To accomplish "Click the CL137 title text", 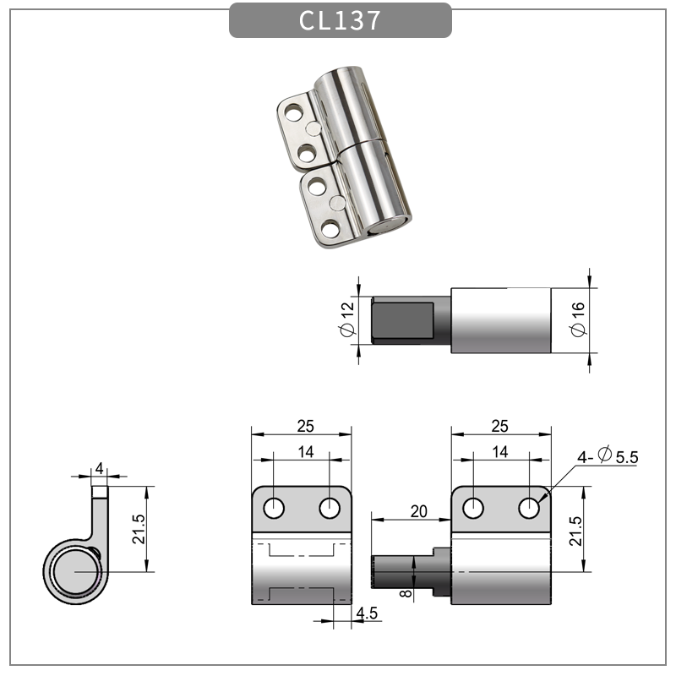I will pos(340,20).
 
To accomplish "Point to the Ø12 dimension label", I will pos(346,320).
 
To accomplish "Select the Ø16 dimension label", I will pos(578,320).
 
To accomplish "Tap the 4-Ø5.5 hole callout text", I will pos(608,457).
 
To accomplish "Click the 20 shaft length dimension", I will pos(417,510).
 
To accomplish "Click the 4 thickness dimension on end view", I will pos(100,467).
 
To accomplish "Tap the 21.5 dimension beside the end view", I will pos(139,529).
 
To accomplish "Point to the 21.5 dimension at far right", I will pos(575,530).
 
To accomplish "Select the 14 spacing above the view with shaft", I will pos(500,452).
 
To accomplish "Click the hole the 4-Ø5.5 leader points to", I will pos(529,508).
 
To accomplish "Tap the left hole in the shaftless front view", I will pos(274,508).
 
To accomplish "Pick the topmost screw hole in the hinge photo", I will pos(293,112).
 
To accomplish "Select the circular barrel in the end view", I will pos(75,572).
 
